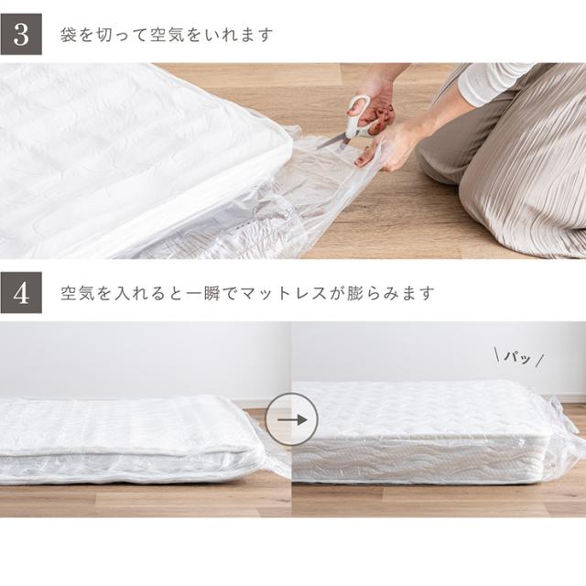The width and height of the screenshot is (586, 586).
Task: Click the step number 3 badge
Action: pyautogui.click(x=21, y=35)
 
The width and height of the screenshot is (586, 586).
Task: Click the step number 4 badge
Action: pyautogui.click(x=21, y=293)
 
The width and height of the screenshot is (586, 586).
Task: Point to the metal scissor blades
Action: pyautogui.click(x=331, y=142)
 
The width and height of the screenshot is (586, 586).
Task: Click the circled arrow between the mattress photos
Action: pyautogui.click(x=291, y=419)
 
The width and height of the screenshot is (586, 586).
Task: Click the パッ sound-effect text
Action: pyautogui.click(x=517, y=358)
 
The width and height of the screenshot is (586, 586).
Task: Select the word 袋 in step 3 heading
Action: pyautogui.click(x=68, y=35)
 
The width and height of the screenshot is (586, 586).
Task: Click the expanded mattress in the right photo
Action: pyautogui.click(x=420, y=431)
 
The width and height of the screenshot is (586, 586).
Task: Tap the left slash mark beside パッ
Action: pyautogui.click(x=497, y=355)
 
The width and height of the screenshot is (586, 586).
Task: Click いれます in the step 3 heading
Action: pyautogui.click(x=235, y=35)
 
